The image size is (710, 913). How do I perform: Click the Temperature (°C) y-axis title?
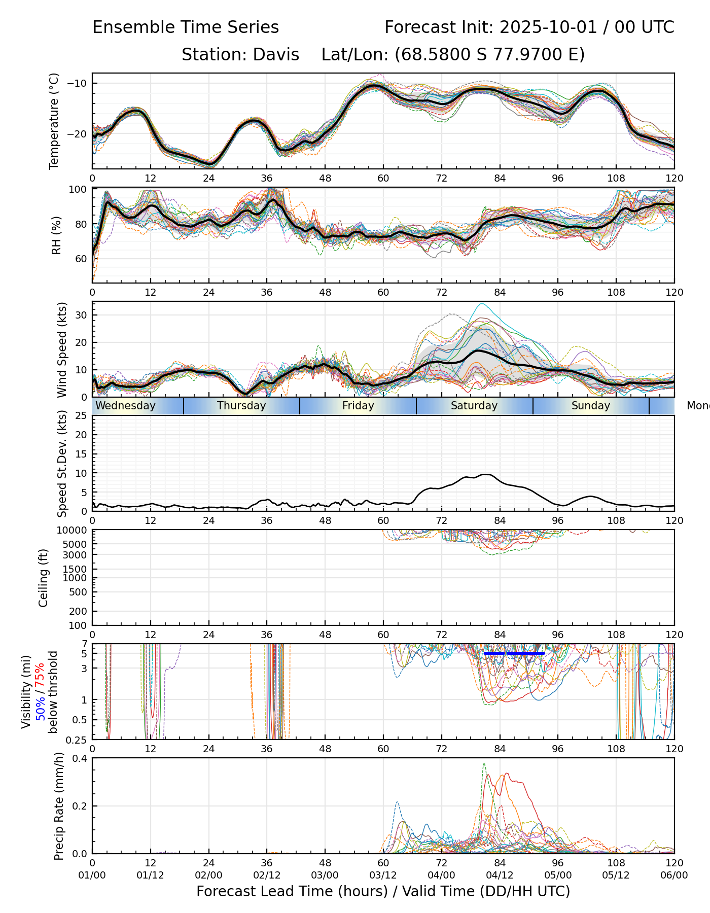click(54, 121)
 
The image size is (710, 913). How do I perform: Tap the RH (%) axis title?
click(56, 235)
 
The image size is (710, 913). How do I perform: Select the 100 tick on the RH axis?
click(78, 190)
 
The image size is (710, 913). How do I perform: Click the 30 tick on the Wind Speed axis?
click(81, 315)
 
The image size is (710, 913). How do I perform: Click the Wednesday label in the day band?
click(125, 406)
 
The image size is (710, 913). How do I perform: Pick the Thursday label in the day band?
click(241, 406)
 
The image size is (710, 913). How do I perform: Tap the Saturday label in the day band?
click(474, 406)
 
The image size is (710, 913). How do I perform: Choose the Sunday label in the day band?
click(591, 406)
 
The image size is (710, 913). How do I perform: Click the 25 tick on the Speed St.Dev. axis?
click(81, 416)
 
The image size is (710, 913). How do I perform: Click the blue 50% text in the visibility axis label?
click(41, 708)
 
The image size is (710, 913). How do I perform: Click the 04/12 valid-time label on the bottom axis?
click(500, 875)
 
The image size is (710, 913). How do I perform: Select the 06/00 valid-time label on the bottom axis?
click(674, 875)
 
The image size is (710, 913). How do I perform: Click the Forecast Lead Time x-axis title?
click(383, 892)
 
